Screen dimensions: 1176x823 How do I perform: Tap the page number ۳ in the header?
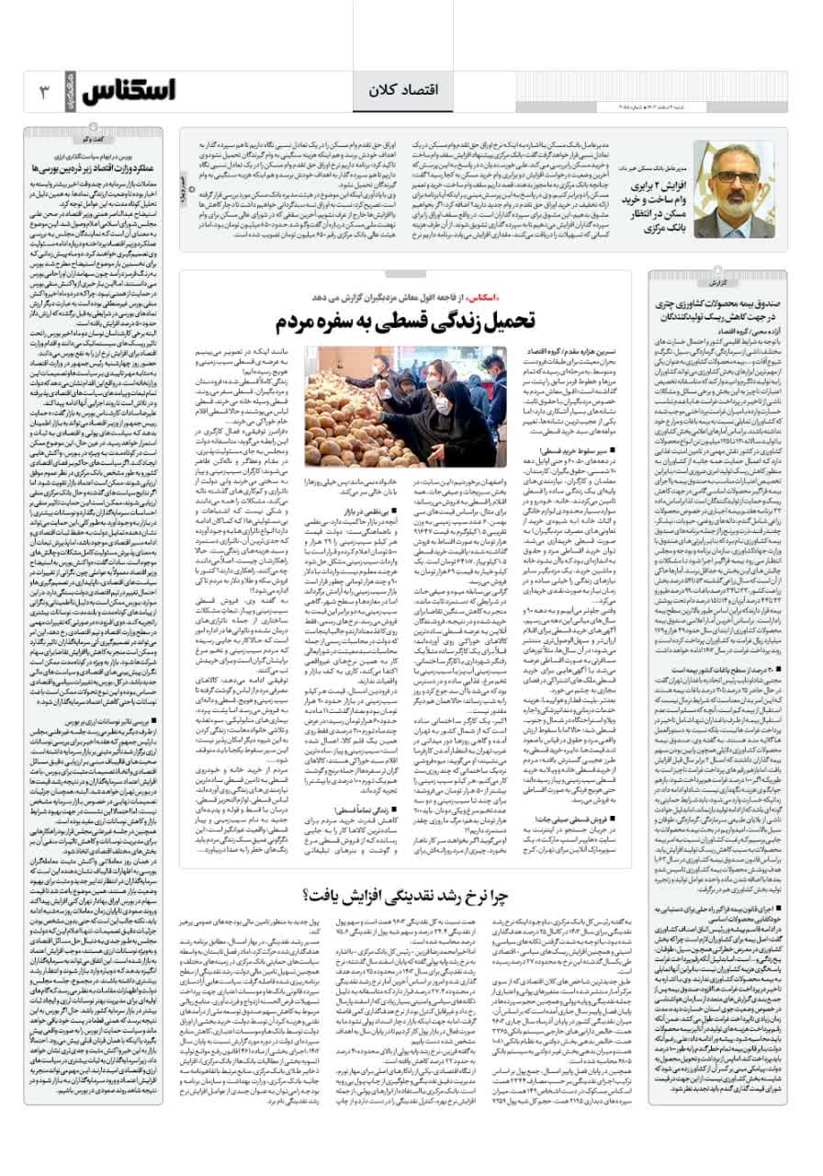(43, 90)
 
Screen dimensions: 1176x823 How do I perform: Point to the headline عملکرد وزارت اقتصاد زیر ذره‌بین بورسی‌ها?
(107, 169)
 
